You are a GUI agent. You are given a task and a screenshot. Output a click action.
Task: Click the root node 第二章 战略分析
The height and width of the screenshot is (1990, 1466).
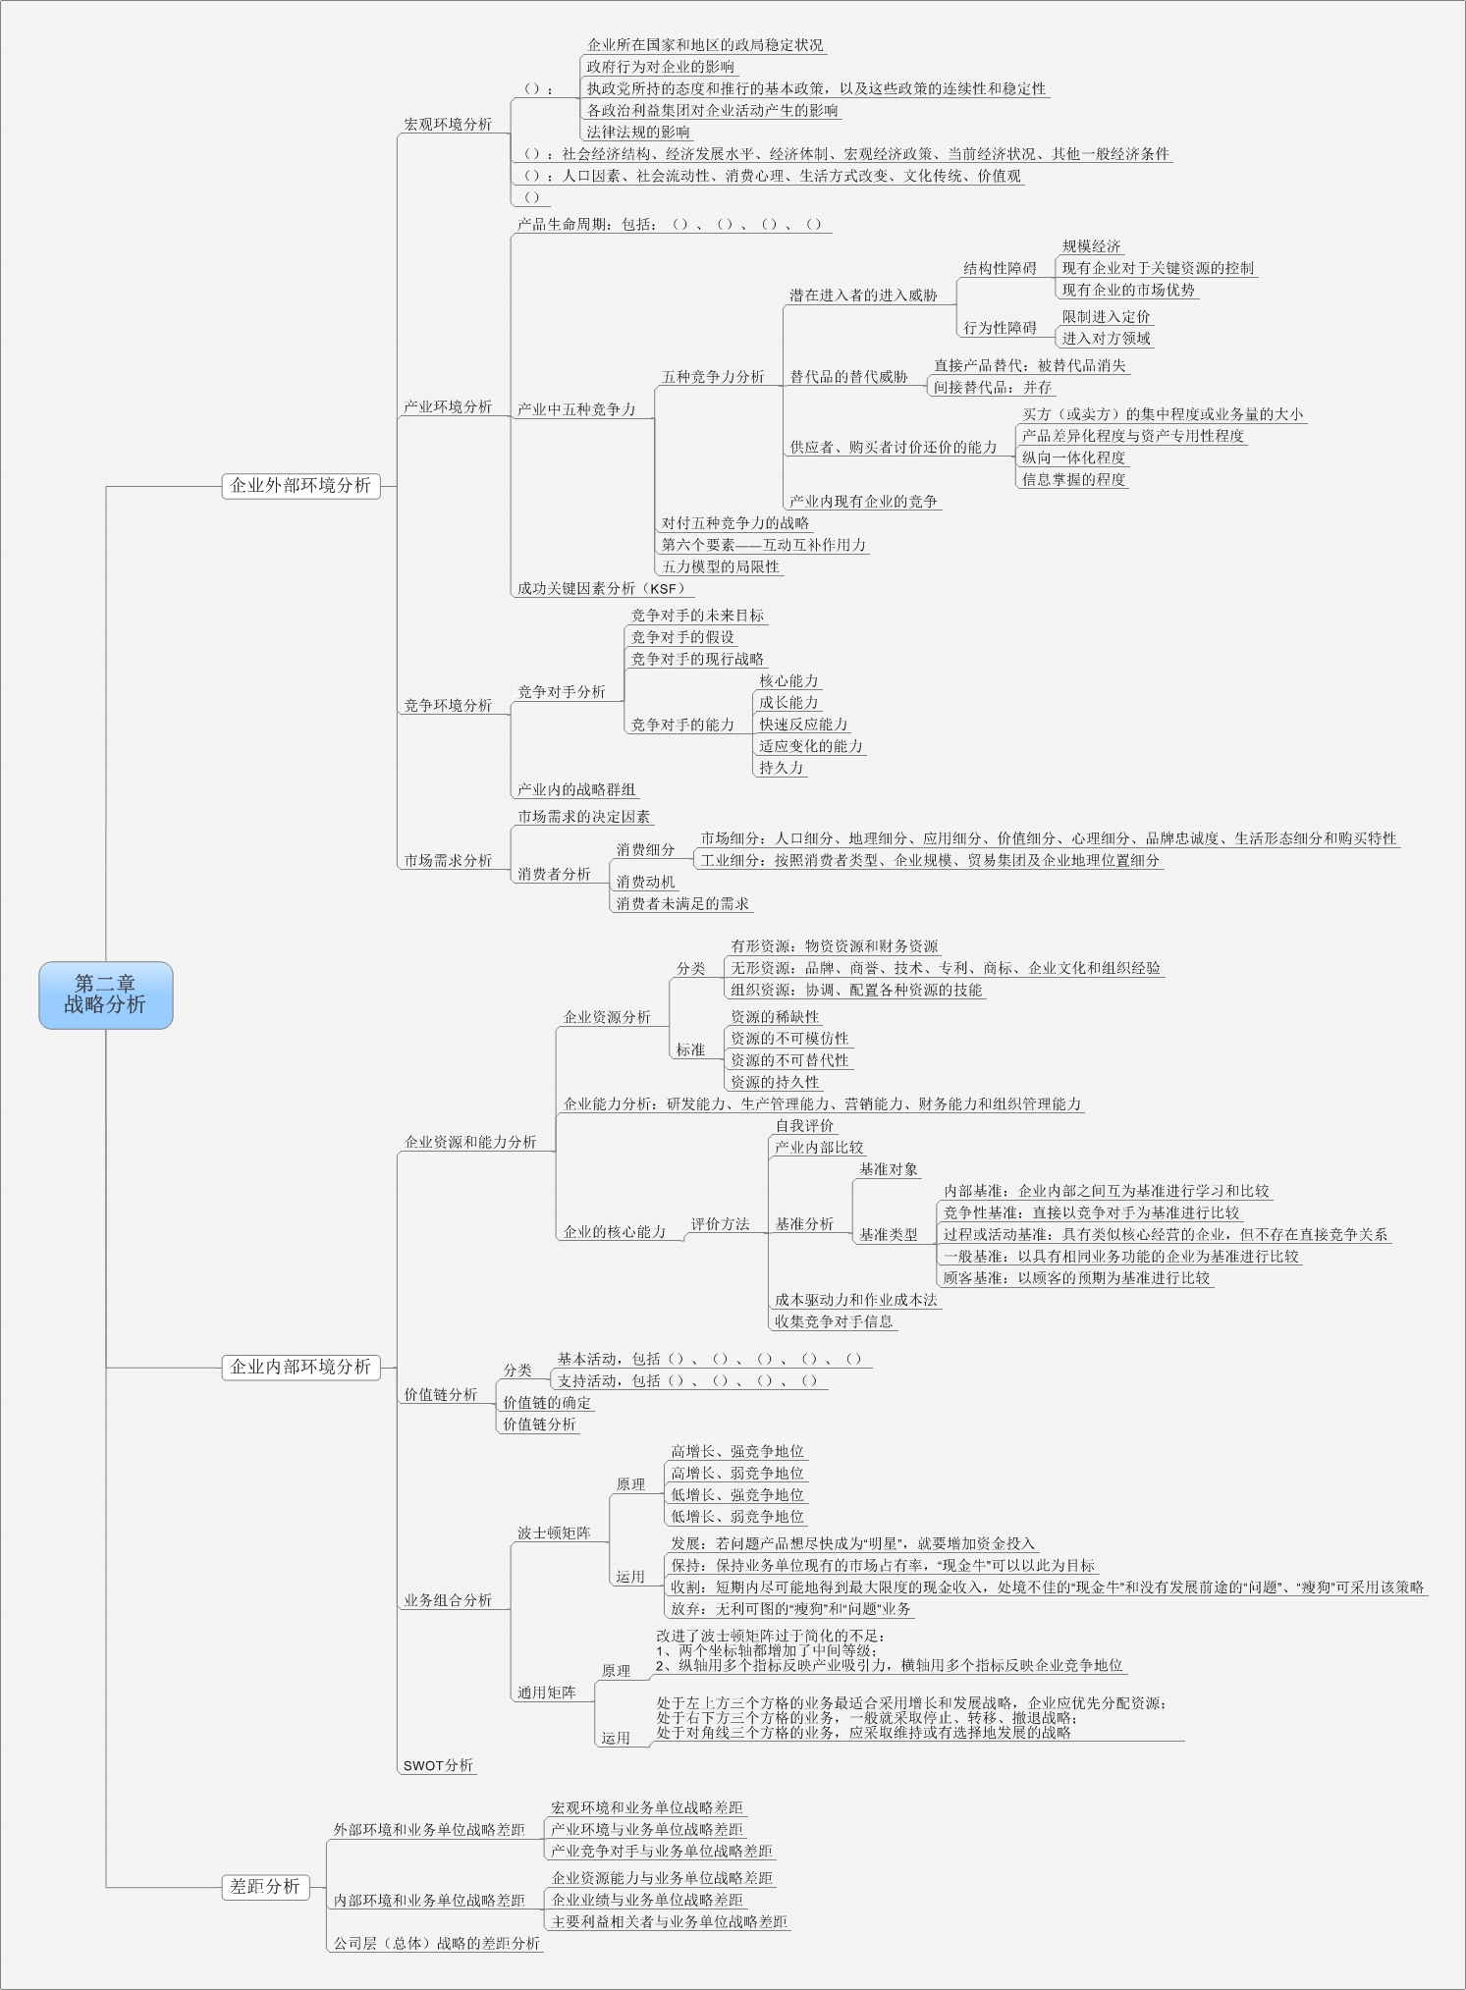tap(105, 994)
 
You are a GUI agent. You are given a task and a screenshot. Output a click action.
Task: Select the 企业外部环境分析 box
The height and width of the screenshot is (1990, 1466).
tap(299, 485)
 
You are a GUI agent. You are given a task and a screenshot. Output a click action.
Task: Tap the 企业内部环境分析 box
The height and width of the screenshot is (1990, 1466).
tap(299, 1367)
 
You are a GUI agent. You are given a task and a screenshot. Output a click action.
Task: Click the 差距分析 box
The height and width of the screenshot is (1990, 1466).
tap(264, 1886)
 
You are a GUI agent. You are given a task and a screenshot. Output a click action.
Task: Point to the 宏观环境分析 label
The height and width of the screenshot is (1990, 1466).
tap(448, 125)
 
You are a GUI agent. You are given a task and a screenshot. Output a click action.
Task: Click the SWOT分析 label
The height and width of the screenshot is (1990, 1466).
tap(438, 1765)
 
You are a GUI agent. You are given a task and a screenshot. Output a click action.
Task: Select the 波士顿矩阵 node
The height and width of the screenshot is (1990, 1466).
tap(554, 1533)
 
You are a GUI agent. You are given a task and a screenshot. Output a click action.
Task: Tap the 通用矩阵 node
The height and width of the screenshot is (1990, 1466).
tap(547, 1692)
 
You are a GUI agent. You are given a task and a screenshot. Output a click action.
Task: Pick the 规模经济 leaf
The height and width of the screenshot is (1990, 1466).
tap(1091, 246)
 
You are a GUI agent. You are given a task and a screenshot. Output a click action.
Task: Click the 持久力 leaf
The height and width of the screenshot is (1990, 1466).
tap(781, 768)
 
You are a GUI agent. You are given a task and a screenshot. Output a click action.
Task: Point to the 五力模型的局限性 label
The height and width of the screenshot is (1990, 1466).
tap(720, 566)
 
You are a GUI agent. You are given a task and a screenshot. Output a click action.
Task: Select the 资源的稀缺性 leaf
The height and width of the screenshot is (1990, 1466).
tap(774, 1017)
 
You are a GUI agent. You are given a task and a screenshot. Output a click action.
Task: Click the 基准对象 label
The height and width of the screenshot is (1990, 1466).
tap(889, 1169)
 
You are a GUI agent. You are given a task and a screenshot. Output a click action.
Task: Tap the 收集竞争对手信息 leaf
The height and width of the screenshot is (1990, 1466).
tap(834, 1321)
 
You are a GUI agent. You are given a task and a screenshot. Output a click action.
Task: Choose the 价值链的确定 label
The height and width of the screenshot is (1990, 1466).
tap(547, 1403)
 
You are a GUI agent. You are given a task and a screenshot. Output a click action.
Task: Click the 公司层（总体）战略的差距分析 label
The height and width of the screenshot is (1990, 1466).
tap(436, 1943)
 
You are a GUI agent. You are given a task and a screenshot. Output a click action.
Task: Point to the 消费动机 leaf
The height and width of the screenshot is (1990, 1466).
tap(645, 882)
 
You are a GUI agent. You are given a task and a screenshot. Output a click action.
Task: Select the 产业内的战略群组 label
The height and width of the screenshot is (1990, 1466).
tap(576, 789)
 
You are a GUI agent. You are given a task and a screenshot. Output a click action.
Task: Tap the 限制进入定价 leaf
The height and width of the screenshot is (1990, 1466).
tap(1106, 317)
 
